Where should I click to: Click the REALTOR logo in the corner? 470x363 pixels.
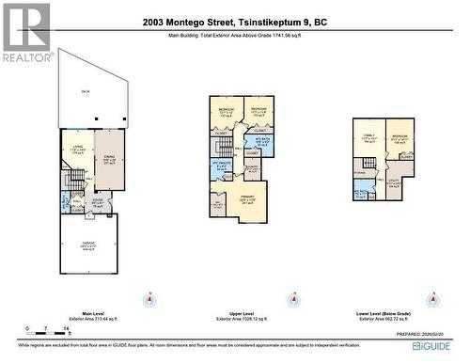coord(25,32)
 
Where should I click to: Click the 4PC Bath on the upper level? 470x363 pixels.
coord(263,143)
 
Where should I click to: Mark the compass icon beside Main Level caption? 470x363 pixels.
coord(147,301)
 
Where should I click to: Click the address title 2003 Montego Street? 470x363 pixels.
coord(234,23)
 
